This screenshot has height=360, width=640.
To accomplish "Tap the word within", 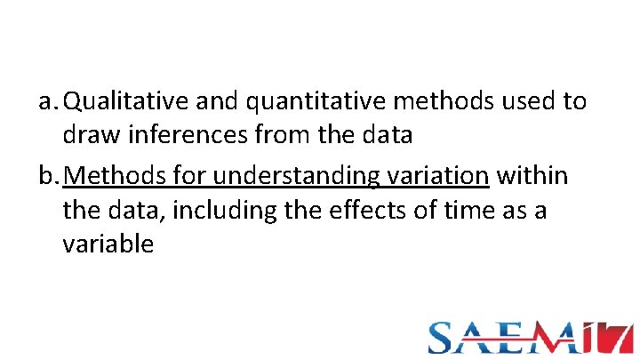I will tap(532, 175).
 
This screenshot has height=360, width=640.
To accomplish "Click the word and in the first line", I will tap(218, 102).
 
